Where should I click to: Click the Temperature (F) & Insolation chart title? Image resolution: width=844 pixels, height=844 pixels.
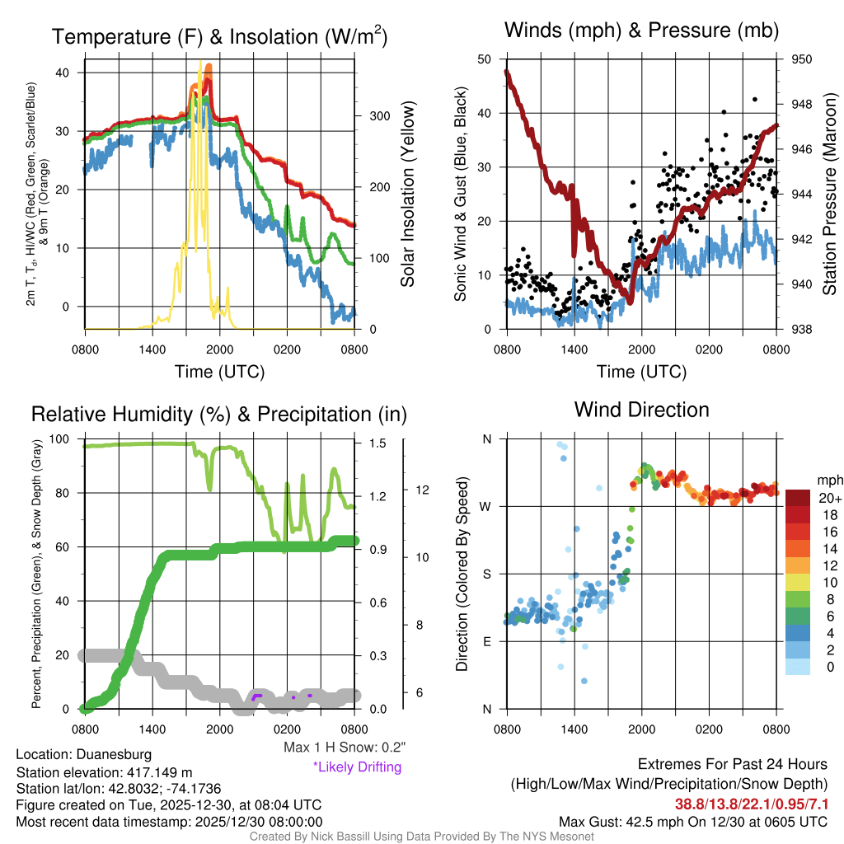(220, 36)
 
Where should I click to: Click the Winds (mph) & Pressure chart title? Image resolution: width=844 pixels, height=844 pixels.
(641, 30)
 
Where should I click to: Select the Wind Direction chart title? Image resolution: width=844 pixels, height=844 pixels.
(641, 409)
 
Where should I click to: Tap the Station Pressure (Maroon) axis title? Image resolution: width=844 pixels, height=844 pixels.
(830, 194)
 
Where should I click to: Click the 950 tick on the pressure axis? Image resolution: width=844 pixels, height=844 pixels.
(801, 59)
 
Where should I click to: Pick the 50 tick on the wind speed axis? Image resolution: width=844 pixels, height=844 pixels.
(485, 59)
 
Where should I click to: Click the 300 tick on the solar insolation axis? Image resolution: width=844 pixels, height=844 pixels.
(378, 116)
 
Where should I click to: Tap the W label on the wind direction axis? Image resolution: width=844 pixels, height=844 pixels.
(486, 506)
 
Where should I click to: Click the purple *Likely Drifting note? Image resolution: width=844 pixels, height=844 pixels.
(357, 767)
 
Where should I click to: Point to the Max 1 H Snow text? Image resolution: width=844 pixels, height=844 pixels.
(344, 747)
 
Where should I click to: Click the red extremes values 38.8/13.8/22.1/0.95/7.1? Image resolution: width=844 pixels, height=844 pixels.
(752, 804)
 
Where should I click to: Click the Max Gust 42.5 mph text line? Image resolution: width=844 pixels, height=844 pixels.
(692, 821)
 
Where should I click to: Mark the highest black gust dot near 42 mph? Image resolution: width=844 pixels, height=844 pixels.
(755, 99)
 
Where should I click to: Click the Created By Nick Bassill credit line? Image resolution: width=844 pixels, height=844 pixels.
(422, 837)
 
